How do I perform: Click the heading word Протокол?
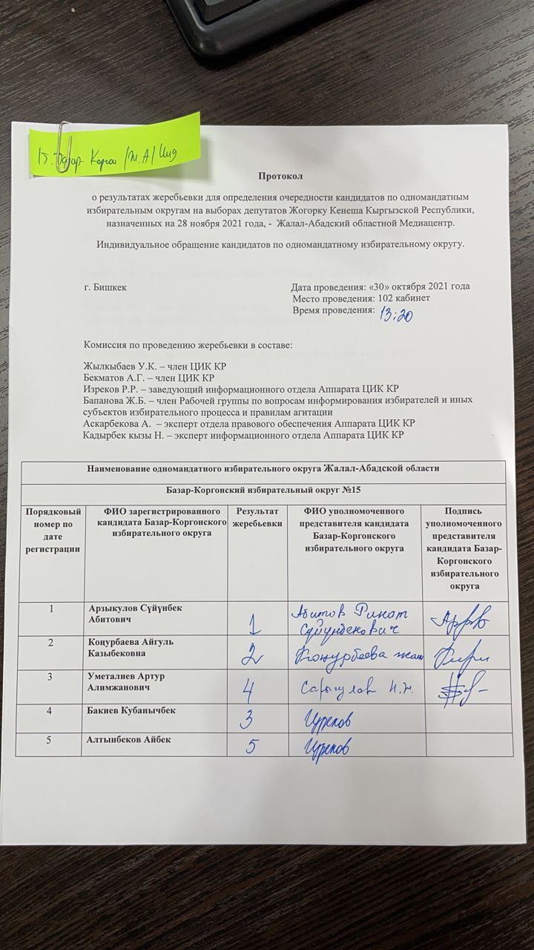coord(280,175)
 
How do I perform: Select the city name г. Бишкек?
coord(105,287)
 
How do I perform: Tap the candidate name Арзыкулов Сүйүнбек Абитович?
coord(133,613)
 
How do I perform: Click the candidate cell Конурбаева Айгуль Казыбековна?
coord(133,647)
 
